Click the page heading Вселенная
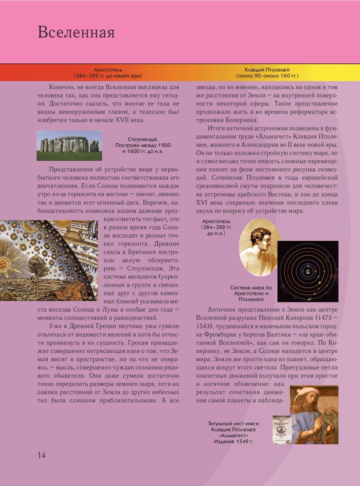(x=76, y=33)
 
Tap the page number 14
(x=41, y=455)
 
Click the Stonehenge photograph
(x=69, y=145)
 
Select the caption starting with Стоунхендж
(x=143, y=145)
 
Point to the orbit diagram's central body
(x=308, y=272)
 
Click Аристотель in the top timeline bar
(x=108, y=70)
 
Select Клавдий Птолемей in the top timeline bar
(x=266, y=70)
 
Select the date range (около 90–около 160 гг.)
(x=266, y=76)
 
